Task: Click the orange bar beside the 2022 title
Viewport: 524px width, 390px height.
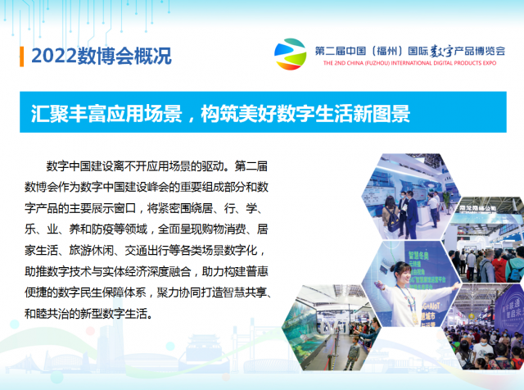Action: click(22, 57)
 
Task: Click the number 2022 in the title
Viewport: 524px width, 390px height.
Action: click(54, 56)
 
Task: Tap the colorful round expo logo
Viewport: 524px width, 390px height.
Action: click(290, 54)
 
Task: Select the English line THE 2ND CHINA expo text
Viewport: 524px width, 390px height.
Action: click(409, 63)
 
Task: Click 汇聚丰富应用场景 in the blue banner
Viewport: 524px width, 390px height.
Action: click(106, 113)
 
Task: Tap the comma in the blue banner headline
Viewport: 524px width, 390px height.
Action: click(191, 119)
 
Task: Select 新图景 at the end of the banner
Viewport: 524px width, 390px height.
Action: click(382, 113)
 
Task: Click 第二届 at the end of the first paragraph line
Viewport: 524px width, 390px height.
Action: click(251, 166)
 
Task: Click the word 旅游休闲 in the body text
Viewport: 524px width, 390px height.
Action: click(91, 250)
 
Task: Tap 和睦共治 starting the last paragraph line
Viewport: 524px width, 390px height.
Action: click(47, 314)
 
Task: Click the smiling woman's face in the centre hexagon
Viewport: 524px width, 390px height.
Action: click(404, 274)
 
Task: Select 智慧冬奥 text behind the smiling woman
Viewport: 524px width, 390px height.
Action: click(418, 256)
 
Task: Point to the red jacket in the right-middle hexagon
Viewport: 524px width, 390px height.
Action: click(499, 268)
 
